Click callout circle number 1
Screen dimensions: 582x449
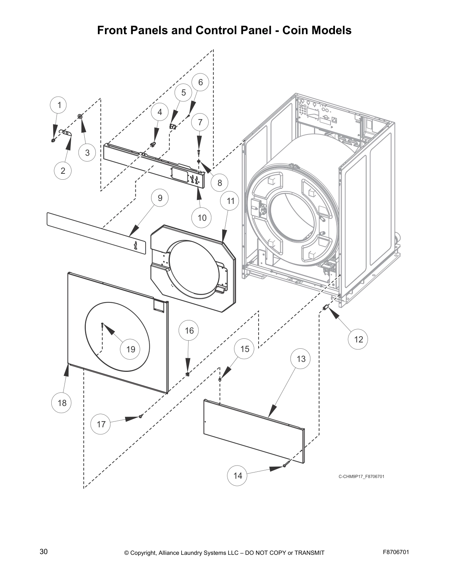point(59,105)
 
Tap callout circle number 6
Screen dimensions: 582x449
point(200,82)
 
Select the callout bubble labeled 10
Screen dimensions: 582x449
point(202,218)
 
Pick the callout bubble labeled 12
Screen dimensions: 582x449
point(358,339)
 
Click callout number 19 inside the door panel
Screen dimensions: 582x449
point(131,349)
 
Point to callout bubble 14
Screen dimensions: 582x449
point(238,475)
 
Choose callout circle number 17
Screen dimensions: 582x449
point(101,424)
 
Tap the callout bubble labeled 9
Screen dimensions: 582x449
point(160,198)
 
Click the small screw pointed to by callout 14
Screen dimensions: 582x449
point(284,466)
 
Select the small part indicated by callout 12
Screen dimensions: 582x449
point(325,307)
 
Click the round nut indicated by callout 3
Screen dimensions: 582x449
point(80,116)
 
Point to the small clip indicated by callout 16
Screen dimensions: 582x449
point(187,374)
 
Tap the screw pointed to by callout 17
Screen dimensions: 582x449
point(141,416)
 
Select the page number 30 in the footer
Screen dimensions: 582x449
point(44,552)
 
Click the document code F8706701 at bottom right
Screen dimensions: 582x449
point(396,552)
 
